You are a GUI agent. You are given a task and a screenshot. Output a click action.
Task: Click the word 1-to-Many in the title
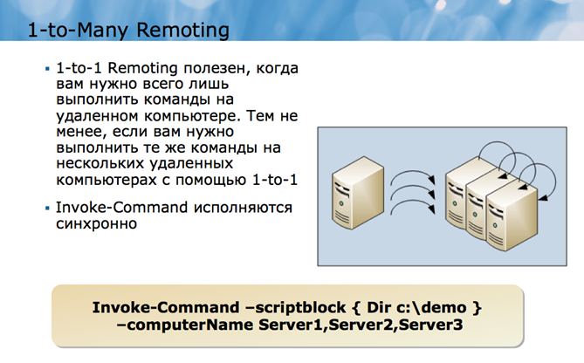pos(69,31)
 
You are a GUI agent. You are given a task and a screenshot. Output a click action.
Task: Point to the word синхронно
pos(95,224)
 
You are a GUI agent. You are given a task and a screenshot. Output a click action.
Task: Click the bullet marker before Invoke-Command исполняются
pos(47,209)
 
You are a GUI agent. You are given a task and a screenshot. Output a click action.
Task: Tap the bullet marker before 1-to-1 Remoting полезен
pos(47,67)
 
